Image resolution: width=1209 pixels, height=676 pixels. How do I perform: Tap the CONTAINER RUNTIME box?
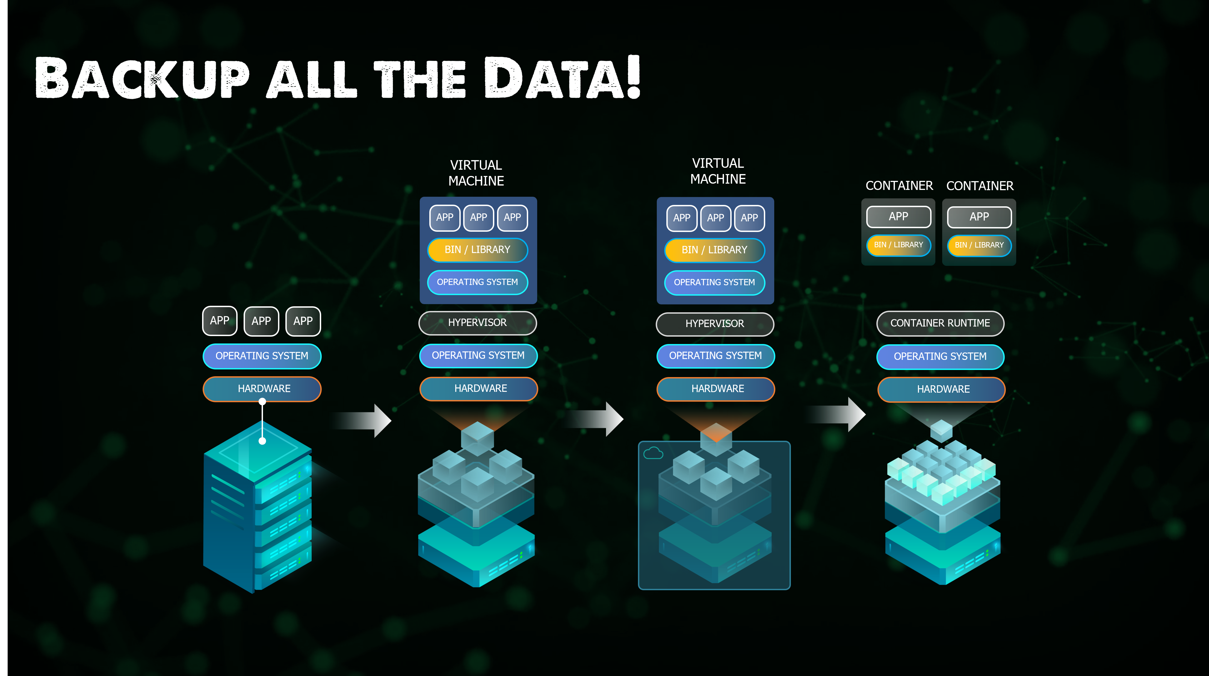pyautogui.click(x=940, y=323)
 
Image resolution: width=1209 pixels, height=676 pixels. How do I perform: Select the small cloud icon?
pyautogui.click(x=653, y=454)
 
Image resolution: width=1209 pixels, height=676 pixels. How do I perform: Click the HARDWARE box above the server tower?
pyautogui.click(x=262, y=389)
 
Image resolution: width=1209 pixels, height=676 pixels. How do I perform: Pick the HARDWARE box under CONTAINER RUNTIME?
pyautogui.click(x=941, y=389)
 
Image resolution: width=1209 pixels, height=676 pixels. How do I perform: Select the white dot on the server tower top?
pyautogui.click(x=262, y=441)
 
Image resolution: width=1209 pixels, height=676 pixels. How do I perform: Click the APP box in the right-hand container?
pyautogui.click(x=979, y=217)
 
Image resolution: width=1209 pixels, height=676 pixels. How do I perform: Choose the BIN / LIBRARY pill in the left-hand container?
pyautogui.click(x=898, y=245)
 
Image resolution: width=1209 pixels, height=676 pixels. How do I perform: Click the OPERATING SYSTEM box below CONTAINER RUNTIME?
pyautogui.click(x=940, y=356)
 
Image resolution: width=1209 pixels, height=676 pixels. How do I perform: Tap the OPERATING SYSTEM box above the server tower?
pyautogui.click(x=262, y=356)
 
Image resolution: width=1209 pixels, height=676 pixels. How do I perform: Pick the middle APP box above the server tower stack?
pyautogui.click(x=261, y=321)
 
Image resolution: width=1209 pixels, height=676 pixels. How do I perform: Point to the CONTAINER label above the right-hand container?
pyautogui.click(x=980, y=186)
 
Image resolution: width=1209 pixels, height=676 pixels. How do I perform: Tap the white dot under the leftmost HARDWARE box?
pyautogui.click(x=262, y=401)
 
